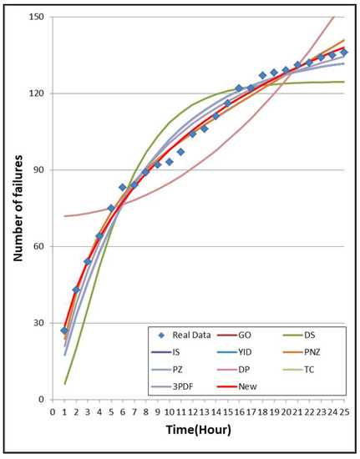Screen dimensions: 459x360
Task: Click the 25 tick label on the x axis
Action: tap(344, 411)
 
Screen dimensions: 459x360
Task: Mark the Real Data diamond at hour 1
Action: tap(64, 330)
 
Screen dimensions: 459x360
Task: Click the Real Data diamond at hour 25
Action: tap(344, 53)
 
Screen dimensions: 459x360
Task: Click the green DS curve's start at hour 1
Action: tap(64, 384)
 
